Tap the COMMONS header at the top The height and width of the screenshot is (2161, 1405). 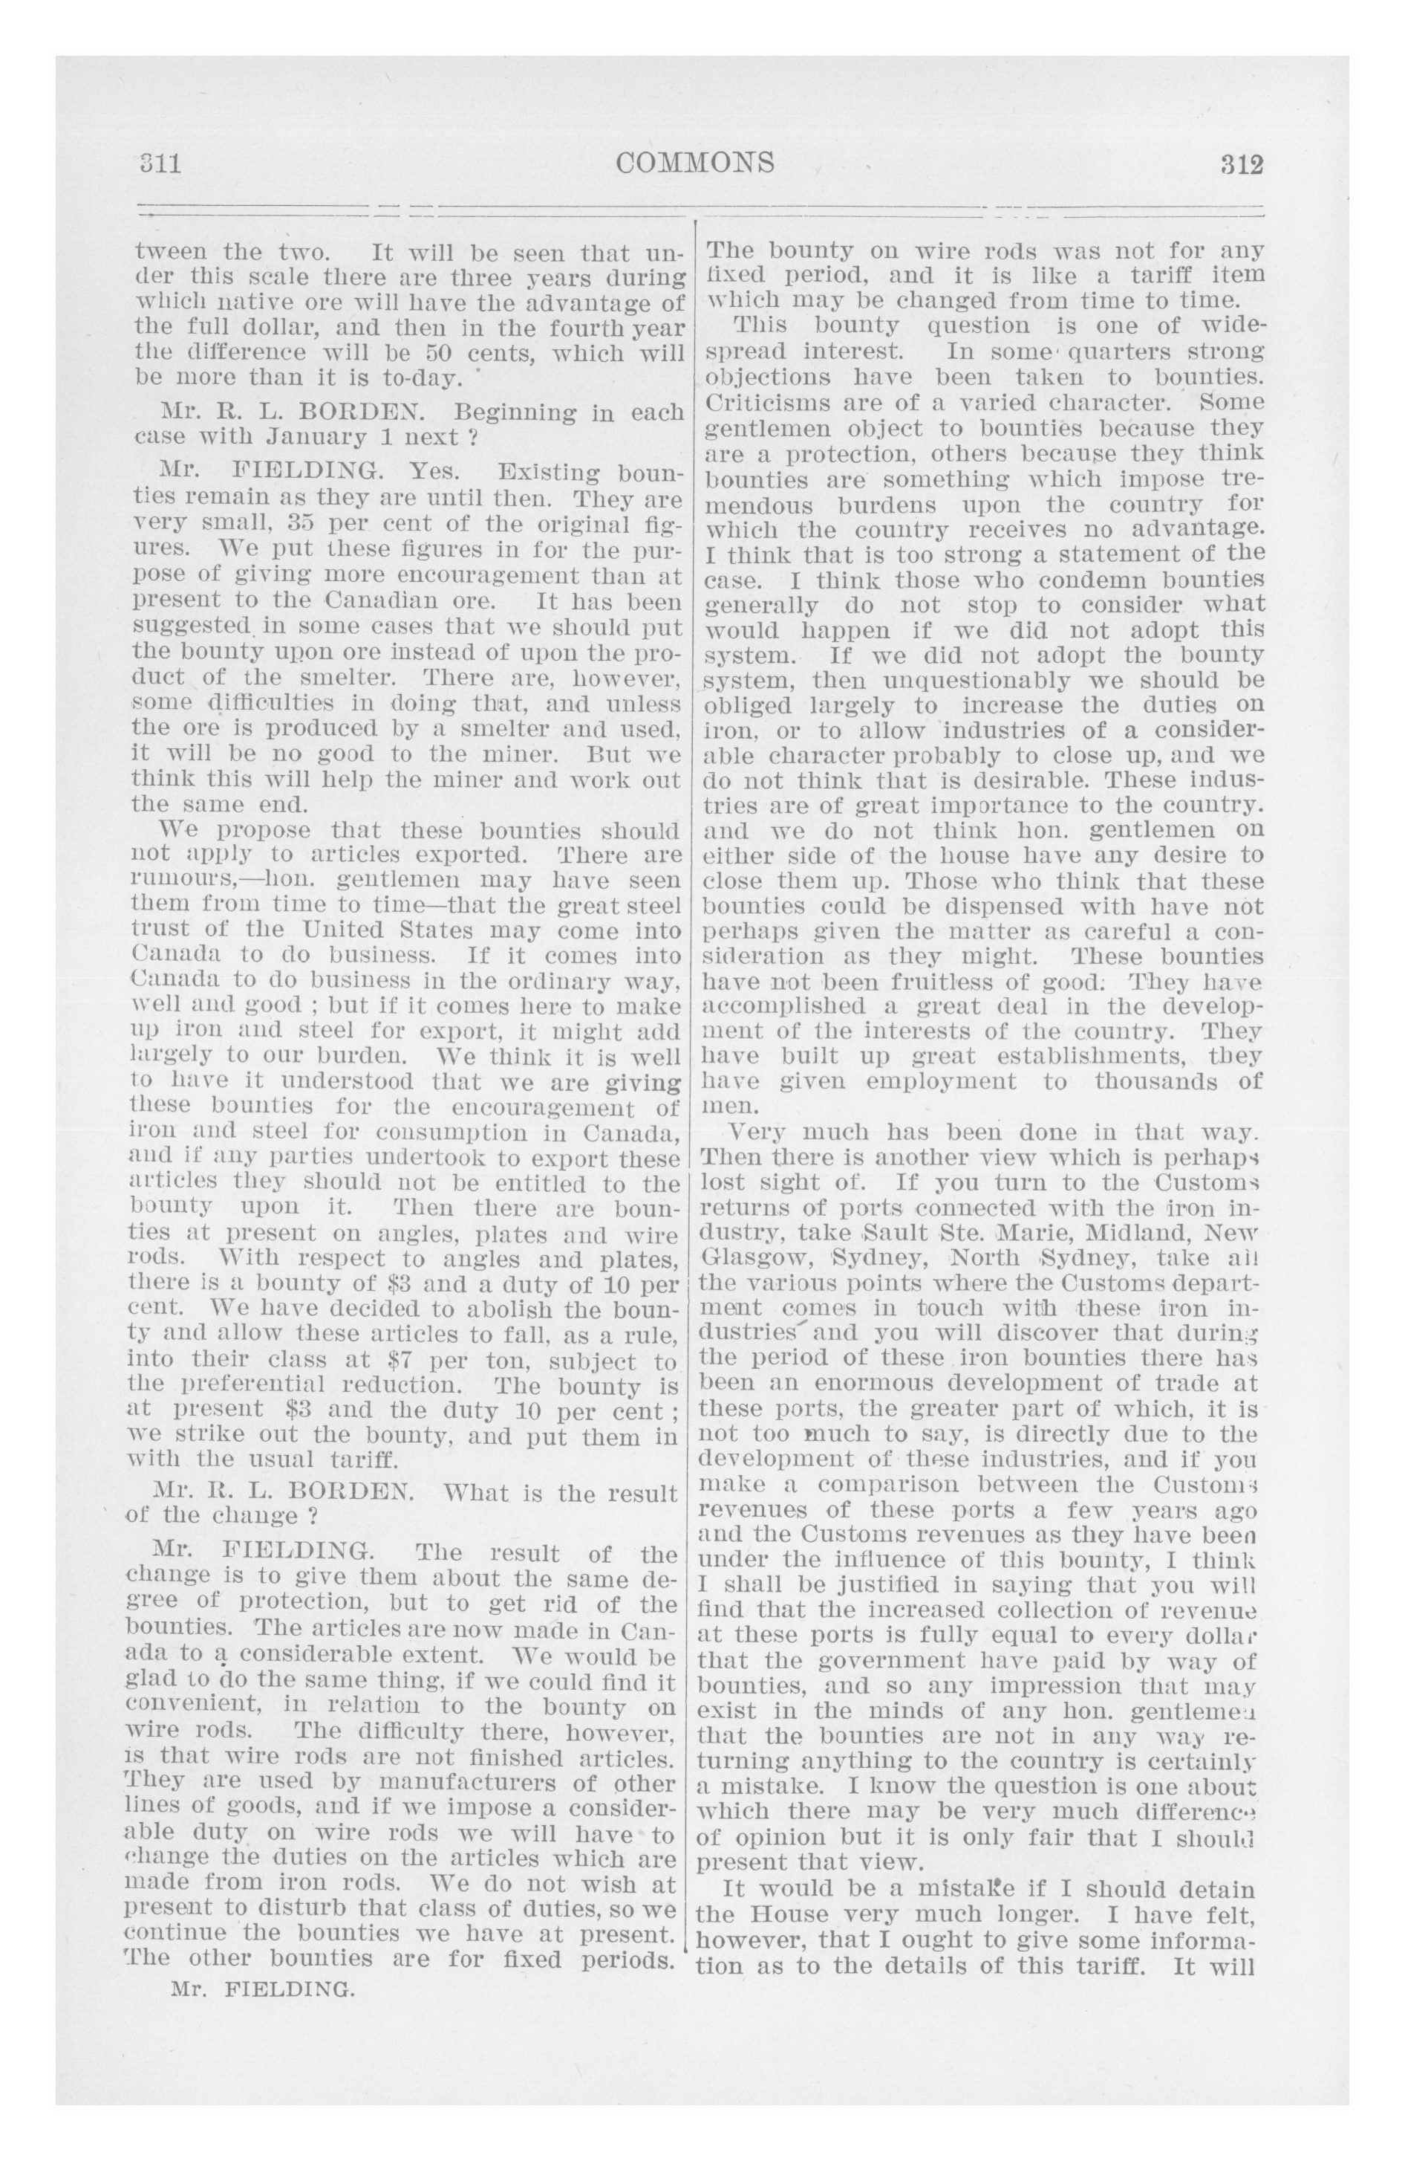(695, 163)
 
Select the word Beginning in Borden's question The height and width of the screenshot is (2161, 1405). (515, 412)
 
